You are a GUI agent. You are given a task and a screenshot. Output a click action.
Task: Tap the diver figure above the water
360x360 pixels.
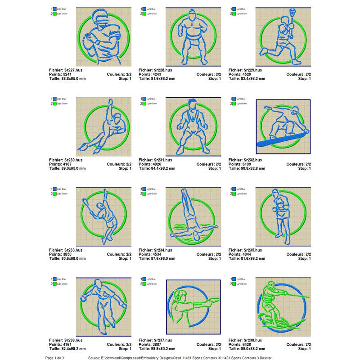pyautogui.click(x=189, y=211)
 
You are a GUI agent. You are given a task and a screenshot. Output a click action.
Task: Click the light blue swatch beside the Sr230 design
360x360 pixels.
pyautogui.click(x=54, y=99)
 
